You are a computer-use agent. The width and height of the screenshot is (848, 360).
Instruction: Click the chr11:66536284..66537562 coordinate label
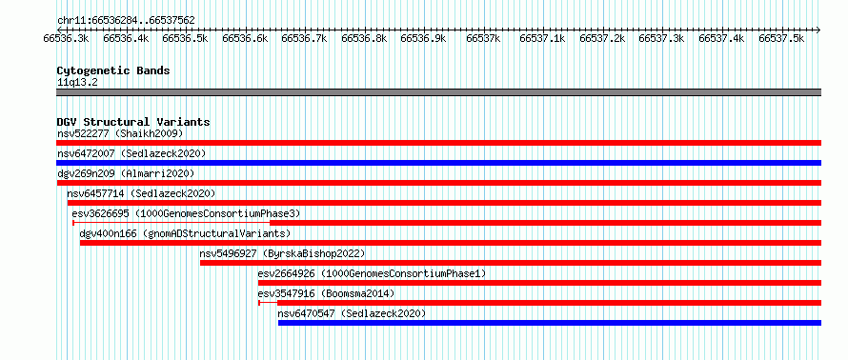[126, 20]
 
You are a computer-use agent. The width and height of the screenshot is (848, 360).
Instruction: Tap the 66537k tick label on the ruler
[482, 38]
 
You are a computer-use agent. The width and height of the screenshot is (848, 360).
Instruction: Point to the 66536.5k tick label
[185, 38]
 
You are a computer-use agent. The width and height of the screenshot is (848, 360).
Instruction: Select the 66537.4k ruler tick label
[721, 38]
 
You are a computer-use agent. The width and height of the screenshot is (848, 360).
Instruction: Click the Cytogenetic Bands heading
[113, 70]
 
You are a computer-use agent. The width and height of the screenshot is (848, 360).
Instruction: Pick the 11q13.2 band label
[77, 83]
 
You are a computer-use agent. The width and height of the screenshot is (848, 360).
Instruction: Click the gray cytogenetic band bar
[438, 92]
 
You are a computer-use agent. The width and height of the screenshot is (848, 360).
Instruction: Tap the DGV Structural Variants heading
[133, 122]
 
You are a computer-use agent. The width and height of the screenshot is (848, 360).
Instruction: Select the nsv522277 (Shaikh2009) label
[120, 133]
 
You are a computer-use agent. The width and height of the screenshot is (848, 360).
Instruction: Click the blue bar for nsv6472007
[438, 163]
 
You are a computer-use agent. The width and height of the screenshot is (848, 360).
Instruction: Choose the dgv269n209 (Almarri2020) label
[126, 173]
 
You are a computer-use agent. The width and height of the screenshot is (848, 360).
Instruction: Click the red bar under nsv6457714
[444, 203]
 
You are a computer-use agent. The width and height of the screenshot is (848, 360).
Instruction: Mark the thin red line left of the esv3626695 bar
[171, 223]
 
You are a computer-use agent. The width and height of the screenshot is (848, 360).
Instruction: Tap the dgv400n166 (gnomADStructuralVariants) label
[185, 233]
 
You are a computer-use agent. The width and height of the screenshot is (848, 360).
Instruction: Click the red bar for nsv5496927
[511, 263]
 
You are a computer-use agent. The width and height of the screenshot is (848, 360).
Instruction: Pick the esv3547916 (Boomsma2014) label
[326, 293]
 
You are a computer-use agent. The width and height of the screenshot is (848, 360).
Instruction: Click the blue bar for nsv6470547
[550, 323]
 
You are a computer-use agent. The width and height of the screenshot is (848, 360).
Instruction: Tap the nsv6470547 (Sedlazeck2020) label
[352, 313]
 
